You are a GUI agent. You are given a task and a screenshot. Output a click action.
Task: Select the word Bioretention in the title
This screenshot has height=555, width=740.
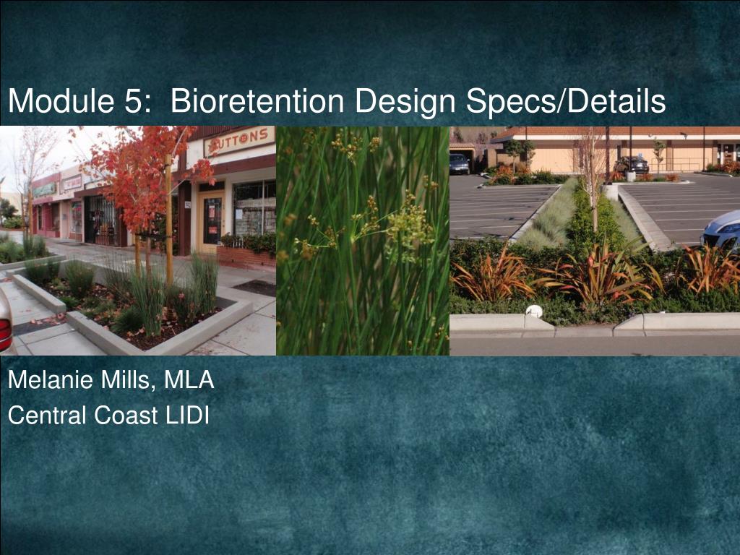(257, 101)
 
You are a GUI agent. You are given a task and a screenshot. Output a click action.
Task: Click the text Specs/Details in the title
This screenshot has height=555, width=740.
(566, 101)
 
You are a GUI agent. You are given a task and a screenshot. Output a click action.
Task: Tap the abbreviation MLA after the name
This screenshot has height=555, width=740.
(189, 380)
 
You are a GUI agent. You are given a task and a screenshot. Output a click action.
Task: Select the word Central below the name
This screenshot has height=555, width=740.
(46, 416)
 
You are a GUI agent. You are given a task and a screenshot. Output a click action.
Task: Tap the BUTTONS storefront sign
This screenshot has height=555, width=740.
(239, 141)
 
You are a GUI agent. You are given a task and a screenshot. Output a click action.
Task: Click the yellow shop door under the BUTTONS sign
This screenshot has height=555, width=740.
(212, 220)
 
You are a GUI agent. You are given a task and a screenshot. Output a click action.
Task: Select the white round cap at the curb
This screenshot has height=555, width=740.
(534, 311)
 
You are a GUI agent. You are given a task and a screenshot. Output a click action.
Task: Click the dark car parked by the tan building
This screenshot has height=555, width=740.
(459, 163)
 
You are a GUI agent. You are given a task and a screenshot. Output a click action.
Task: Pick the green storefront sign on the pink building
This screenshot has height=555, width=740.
(44, 189)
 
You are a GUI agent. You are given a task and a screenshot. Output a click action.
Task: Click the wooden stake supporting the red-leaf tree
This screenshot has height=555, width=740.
(169, 224)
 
